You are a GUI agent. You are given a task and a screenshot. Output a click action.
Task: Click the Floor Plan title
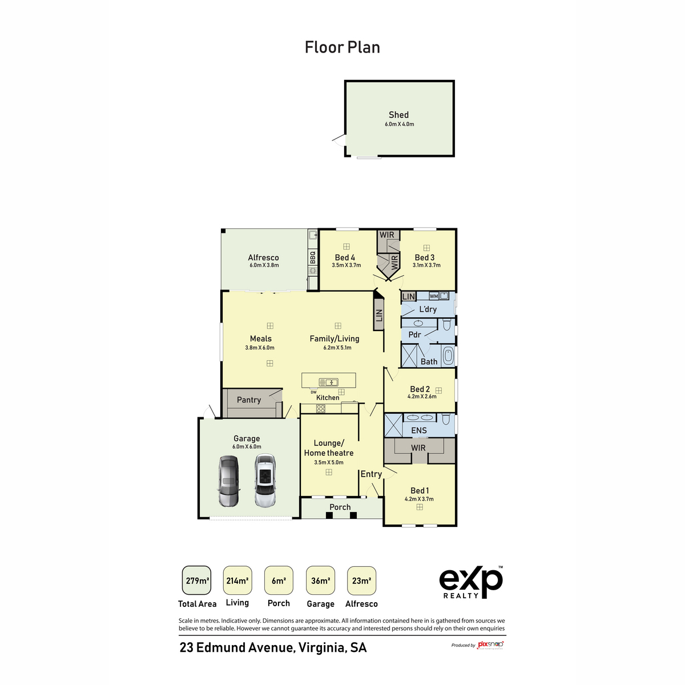[x=342, y=47]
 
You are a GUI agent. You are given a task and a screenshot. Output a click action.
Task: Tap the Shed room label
[x=398, y=115]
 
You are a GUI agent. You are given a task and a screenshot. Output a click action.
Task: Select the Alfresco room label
[x=263, y=257]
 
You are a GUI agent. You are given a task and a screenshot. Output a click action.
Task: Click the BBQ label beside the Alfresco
[x=312, y=257]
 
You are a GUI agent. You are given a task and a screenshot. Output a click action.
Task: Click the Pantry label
[x=249, y=400]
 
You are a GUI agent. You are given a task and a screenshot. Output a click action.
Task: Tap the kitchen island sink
[x=328, y=382]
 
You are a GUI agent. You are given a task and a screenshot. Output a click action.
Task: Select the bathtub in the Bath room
[x=448, y=356]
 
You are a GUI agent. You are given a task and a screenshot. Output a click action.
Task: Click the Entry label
[x=371, y=474]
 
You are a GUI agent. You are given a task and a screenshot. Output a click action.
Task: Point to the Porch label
[x=340, y=507]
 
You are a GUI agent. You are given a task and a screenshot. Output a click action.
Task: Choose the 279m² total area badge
[x=197, y=581]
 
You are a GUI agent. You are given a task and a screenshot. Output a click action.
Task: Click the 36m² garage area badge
[x=320, y=581]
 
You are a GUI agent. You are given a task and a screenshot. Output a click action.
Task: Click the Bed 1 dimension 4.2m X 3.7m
[x=419, y=499]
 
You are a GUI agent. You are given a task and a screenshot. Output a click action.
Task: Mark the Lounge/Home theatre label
[x=329, y=448]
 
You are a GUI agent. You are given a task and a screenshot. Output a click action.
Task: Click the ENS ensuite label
[x=418, y=430]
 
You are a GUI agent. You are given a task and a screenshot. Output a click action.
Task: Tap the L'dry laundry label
[x=428, y=309]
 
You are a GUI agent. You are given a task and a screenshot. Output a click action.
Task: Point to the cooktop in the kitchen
[x=321, y=408]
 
